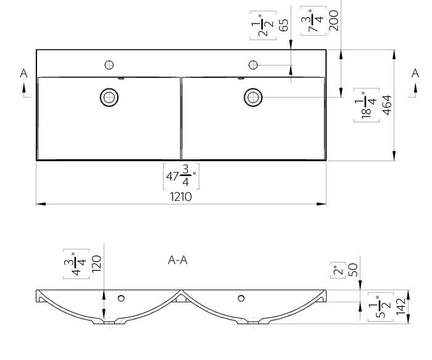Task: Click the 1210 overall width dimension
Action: click(x=180, y=197)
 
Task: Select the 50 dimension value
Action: click(x=354, y=269)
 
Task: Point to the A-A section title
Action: click(x=178, y=261)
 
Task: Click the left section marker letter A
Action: click(x=23, y=73)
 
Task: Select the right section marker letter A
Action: click(x=415, y=73)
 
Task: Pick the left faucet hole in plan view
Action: click(x=109, y=64)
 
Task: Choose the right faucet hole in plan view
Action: click(x=253, y=64)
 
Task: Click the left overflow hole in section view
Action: click(x=120, y=298)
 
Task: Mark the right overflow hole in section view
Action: click(x=241, y=298)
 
